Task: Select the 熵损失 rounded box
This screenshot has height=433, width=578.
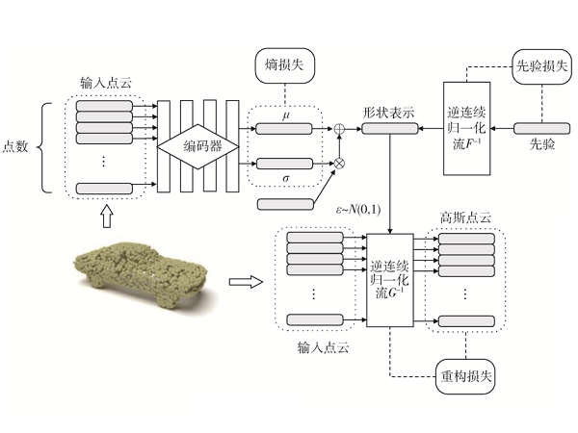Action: [284, 67]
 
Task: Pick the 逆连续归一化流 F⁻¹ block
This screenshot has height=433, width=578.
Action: [469, 125]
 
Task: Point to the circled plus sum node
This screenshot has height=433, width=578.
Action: [339, 127]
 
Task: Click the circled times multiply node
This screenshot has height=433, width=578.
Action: [339, 165]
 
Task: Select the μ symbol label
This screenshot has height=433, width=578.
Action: [285, 115]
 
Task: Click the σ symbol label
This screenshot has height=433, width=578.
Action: [285, 179]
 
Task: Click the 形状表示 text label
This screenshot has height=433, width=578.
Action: [389, 112]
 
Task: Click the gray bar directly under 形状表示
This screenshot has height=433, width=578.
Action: [389, 127]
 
